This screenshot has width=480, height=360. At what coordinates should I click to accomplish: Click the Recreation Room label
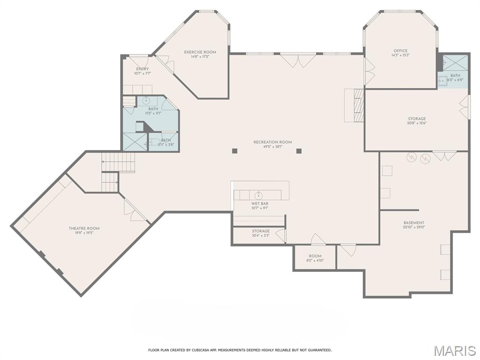pyautogui.click(x=272, y=142)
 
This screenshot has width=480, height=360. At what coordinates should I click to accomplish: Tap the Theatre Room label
pyautogui.click(x=84, y=228)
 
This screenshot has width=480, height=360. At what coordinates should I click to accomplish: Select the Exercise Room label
pyautogui.click(x=200, y=52)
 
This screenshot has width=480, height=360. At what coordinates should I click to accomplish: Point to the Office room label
pyautogui.click(x=400, y=51)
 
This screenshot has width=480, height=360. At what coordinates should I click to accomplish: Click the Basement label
pyautogui.click(x=414, y=223)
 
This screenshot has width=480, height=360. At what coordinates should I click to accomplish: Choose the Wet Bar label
pyautogui.click(x=260, y=203)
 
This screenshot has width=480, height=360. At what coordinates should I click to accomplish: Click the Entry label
pyautogui.click(x=142, y=69)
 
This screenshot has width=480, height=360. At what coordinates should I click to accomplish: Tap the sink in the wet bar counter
pyautogui.click(x=258, y=195)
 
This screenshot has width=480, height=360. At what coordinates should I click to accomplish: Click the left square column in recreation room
pyautogui.click(x=235, y=150)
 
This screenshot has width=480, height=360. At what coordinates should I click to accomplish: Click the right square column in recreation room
pyautogui.click(x=299, y=150)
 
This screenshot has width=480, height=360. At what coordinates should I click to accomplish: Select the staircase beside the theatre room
pyautogui.click(x=119, y=162)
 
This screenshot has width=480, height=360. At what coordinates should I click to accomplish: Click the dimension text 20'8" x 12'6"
pyautogui.click(x=416, y=124)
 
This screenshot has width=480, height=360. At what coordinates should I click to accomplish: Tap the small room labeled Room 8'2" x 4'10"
pyautogui.click(x=315, y=258)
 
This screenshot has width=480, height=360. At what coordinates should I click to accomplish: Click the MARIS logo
pyautogui.click(x=455, y=350)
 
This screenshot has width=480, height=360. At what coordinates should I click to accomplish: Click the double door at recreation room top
pyautogui.click(x=298, y=60)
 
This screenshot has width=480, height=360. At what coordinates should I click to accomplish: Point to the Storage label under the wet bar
pyautogui.click(x=261, y=231)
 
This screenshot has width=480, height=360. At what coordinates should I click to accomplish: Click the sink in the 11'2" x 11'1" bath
pyautogui.click(x=145, y=100)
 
